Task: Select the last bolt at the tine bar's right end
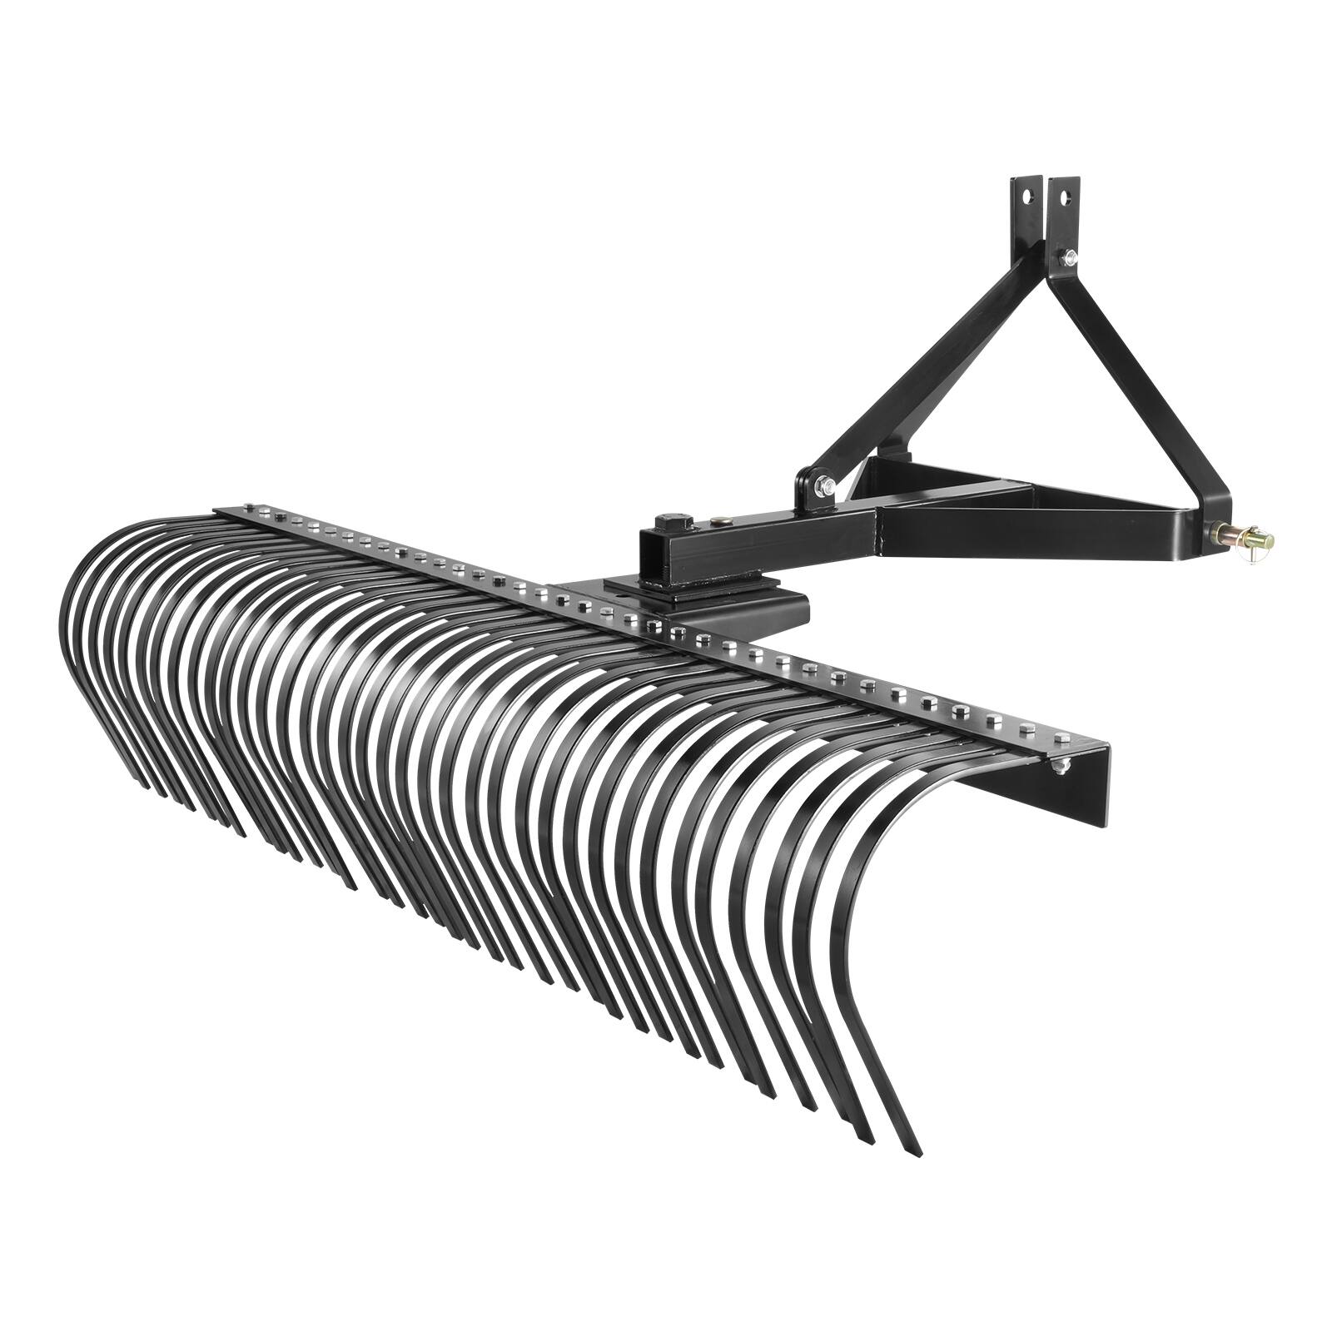(x=1063, y=736)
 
